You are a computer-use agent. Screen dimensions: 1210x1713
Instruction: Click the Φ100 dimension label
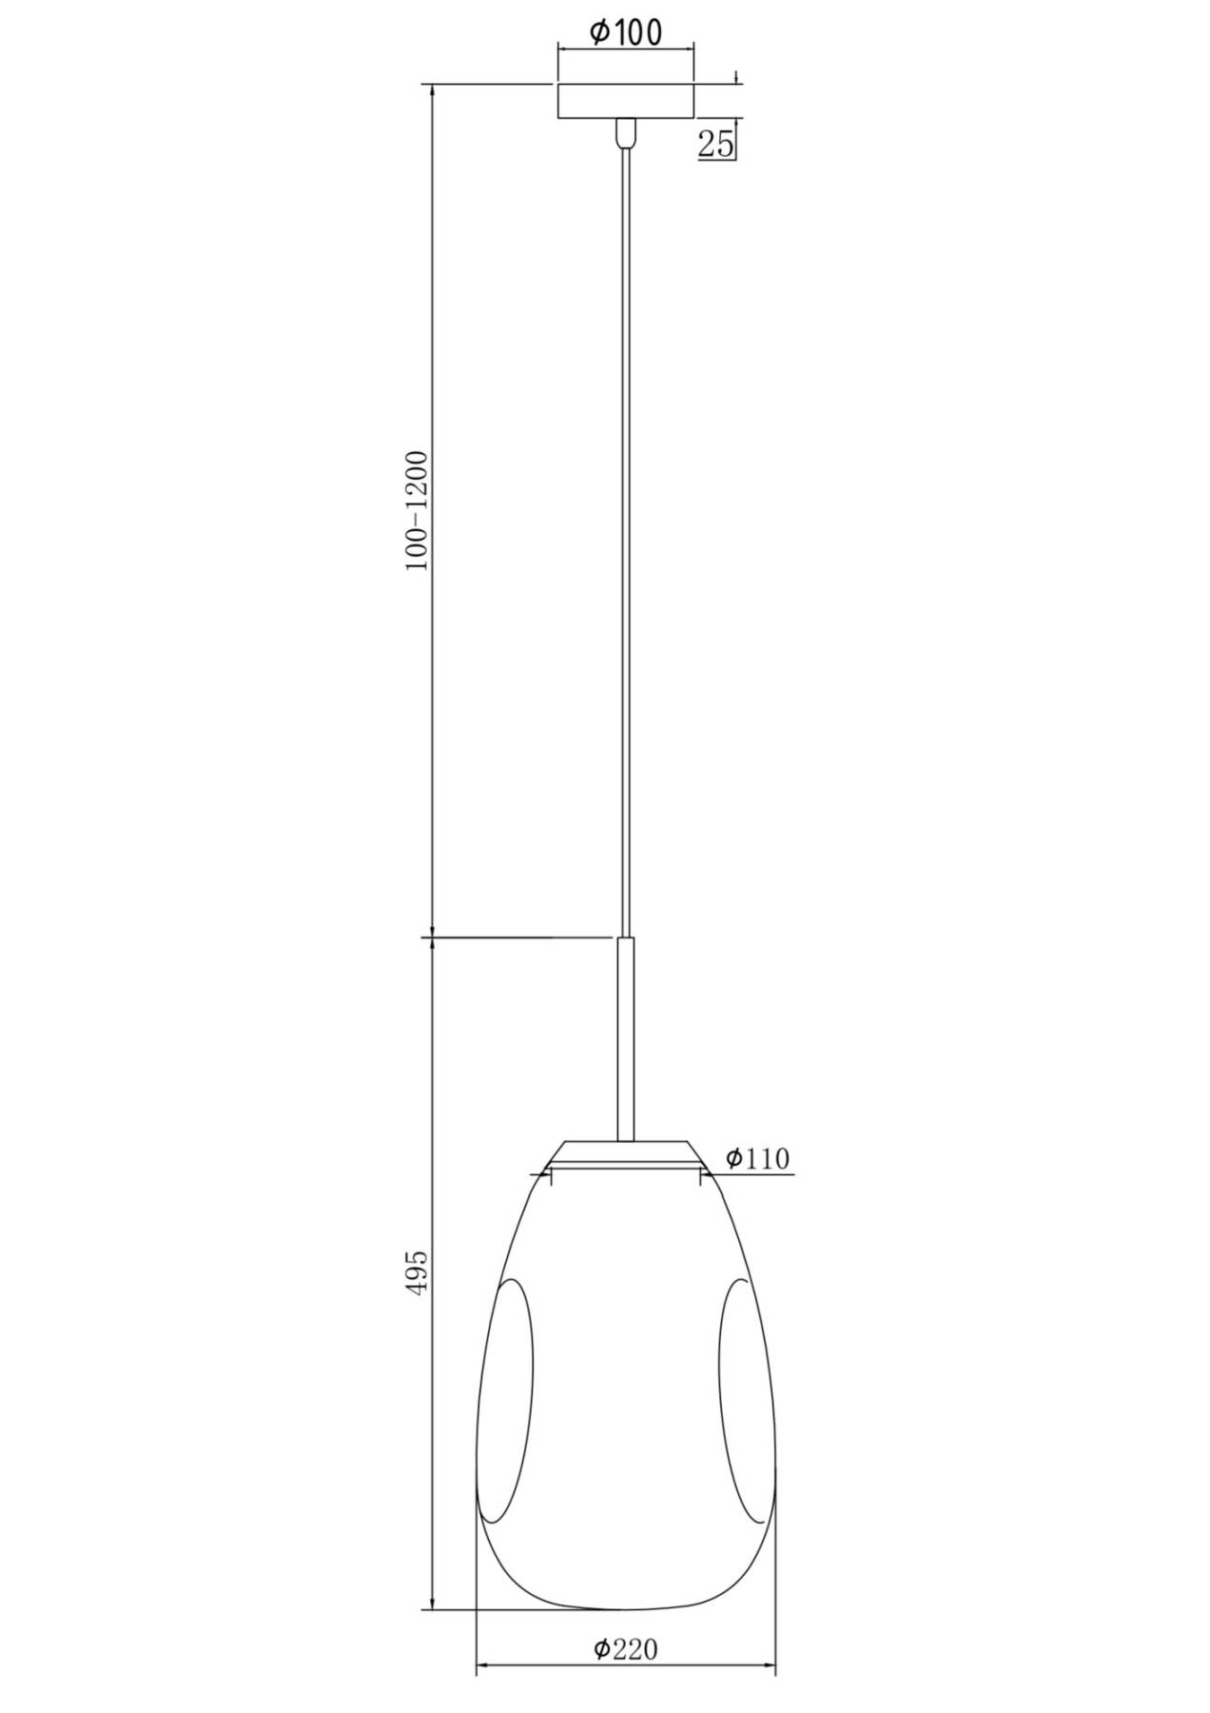click(625, 32)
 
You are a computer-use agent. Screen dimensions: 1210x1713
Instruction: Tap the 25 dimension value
click(716, 144)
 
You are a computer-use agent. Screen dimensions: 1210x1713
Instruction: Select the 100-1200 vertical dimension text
click(418, 510)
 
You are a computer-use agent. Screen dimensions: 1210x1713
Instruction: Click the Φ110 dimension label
click(757, 1158)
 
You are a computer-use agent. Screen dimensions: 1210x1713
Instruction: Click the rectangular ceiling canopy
click(625, 101)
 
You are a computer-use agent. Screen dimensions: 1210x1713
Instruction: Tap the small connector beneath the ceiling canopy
click(625, 132)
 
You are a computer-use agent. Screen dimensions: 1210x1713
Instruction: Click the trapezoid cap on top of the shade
click(625, 1153)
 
